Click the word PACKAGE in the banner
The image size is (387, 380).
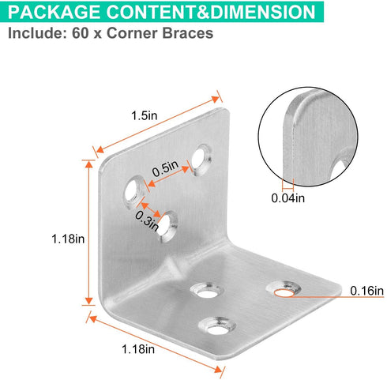[54, 12]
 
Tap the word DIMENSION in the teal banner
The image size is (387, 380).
[263, 12]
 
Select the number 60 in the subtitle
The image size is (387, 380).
[81, 33]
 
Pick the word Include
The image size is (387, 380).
[37, 33]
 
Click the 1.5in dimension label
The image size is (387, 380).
[145, 115]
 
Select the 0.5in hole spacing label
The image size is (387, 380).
[165, 169]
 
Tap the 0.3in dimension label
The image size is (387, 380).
[147, 220]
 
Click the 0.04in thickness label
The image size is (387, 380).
[288, 198]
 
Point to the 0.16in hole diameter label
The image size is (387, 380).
[366, 291]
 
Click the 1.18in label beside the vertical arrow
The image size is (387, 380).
[68, 239]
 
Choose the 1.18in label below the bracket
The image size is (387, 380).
[138, 349]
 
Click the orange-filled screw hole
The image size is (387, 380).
[284, 292]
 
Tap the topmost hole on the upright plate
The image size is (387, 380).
[201, 159]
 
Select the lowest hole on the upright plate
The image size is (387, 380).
[167, 227]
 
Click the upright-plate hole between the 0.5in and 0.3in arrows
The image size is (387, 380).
[133, 192]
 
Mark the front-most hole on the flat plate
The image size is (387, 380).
[217, 326]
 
